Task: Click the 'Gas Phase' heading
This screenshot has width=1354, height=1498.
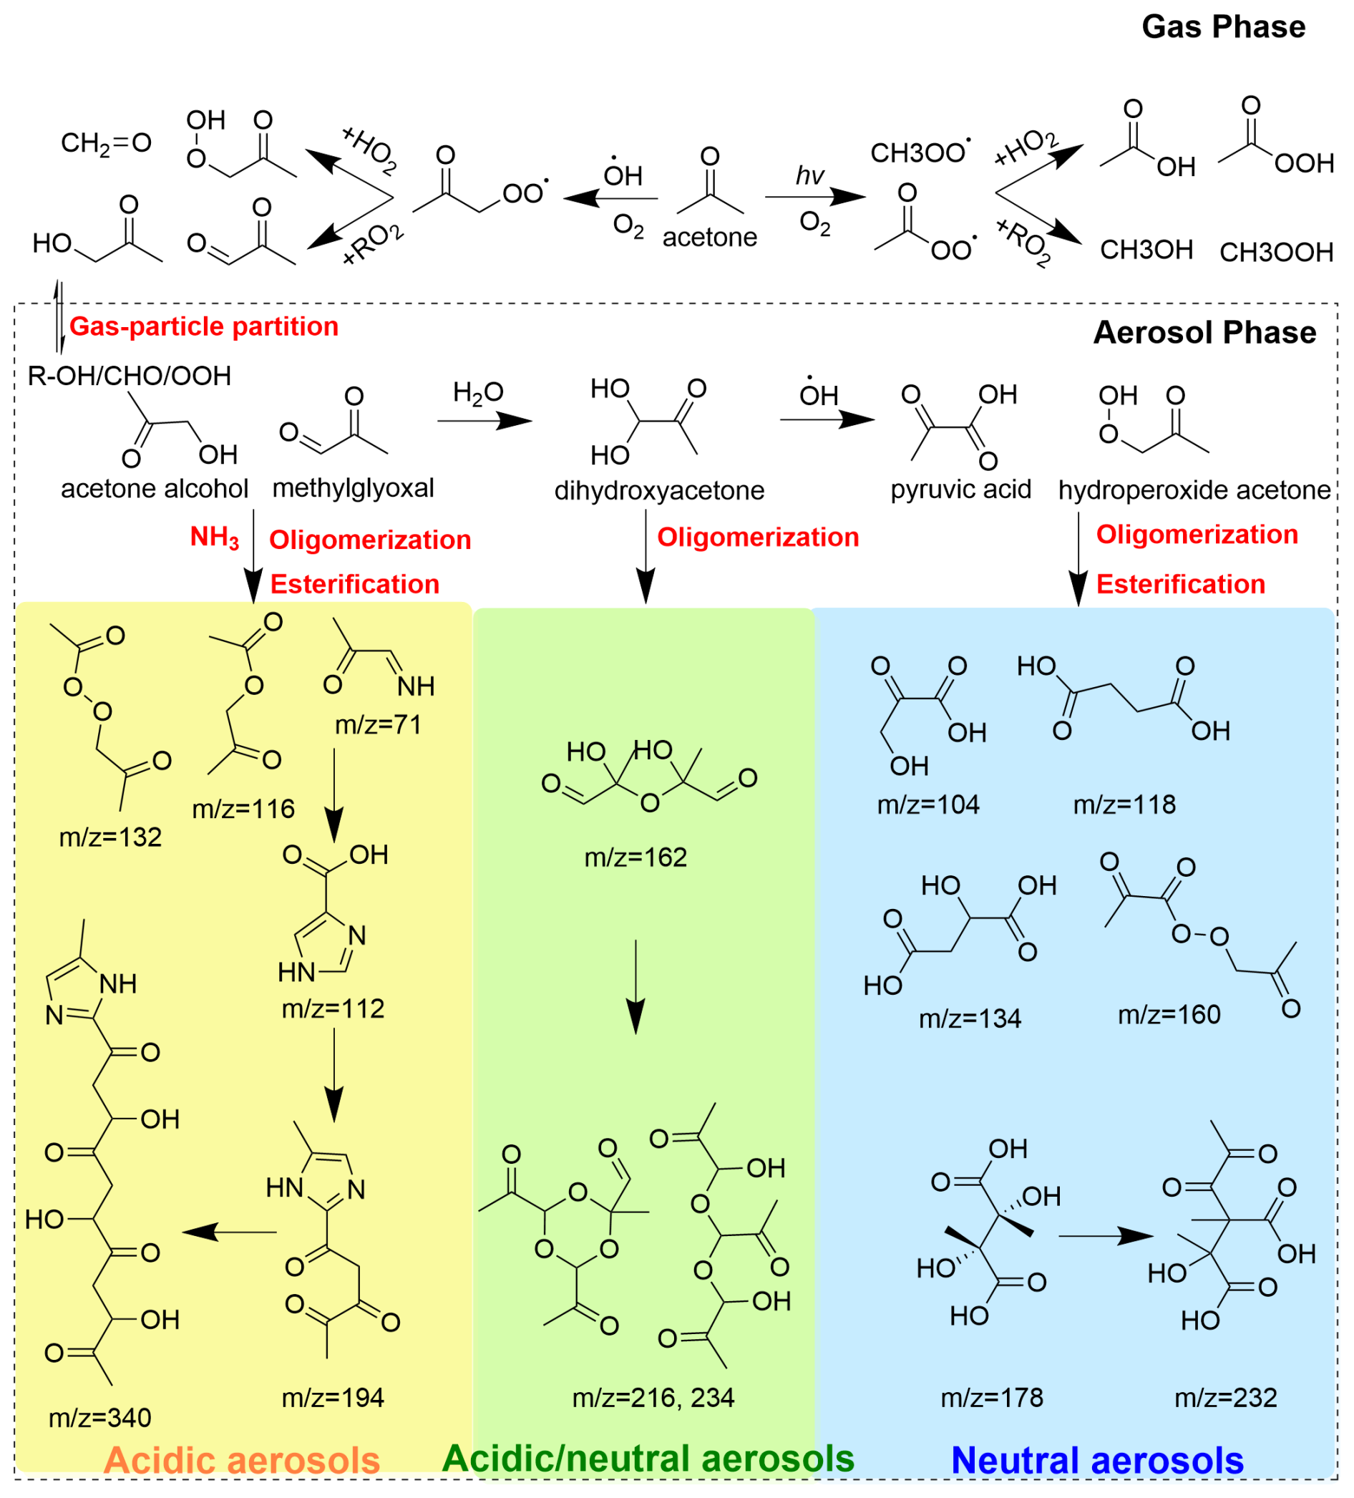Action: (1222, 27)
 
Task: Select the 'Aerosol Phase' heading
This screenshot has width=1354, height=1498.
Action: (1204, 332)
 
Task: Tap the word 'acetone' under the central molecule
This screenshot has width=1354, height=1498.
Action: (709, 237)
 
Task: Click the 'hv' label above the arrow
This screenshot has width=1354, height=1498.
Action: (809, 175)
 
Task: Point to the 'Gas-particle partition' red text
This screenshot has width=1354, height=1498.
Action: (204, 326)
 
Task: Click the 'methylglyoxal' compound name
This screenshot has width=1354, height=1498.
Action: (353, 488)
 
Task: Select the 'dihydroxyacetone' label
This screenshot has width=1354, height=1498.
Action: (659, 490)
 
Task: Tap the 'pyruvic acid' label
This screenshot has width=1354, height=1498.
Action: (960, 489)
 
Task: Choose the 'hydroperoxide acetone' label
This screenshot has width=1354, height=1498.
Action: (1194, 490)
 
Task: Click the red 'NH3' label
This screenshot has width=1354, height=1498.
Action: (215, 537)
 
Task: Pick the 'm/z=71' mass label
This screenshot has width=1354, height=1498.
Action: (379, 724)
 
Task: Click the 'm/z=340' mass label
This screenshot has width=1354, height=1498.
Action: (99, 1418)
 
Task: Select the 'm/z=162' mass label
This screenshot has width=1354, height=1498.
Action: (635, 857)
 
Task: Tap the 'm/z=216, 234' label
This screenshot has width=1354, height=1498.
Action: (653, 1398)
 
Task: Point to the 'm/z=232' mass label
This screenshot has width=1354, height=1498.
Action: (1225, 1398)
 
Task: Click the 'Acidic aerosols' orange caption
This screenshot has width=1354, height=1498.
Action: (243, 1460)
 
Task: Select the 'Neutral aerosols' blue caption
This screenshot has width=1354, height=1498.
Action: (1097, 1460)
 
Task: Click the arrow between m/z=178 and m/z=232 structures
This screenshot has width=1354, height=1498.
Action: (1105, 1237)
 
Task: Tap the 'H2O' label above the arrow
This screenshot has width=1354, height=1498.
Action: (479, 393)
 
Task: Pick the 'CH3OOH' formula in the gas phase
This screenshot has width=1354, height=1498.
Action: (1276, 253)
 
